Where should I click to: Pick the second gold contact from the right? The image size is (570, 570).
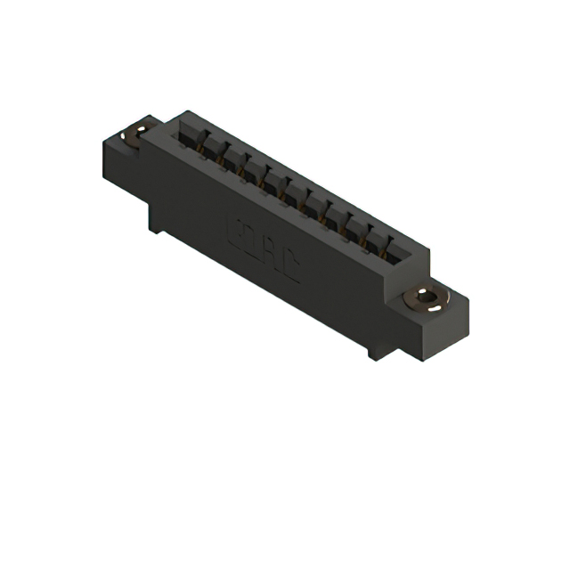click(363, 240)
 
